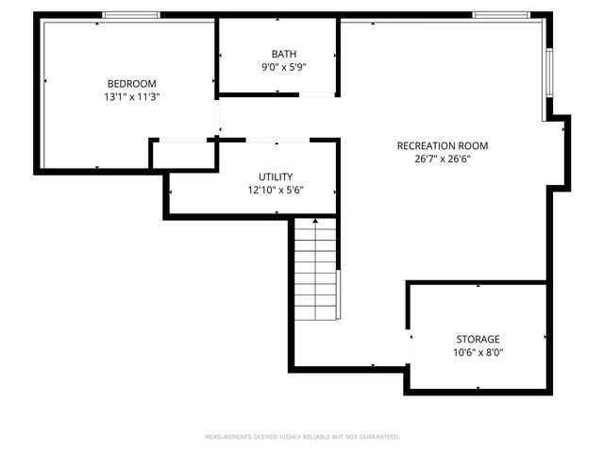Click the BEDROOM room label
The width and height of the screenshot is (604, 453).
[x=131, y=83]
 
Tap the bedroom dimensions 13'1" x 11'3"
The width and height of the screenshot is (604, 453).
[x=131, y=96]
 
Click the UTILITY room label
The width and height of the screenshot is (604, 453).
[x=276, y=176]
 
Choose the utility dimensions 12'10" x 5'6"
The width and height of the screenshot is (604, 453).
[x=276, y=190]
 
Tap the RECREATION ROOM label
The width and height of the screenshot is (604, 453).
[x=442, y=145]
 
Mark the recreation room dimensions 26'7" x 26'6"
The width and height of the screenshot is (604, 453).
[x=442, y=159]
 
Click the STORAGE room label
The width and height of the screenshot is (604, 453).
[x=478, y=339]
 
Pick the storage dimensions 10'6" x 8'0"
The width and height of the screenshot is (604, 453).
[x=478, y=352]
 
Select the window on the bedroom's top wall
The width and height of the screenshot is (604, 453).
[x=130, y=14]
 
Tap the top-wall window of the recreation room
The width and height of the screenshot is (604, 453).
[x=501, y=14]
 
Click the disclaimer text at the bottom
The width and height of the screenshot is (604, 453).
[x=302, y=437]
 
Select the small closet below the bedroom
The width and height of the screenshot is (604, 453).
[x=183, y=154]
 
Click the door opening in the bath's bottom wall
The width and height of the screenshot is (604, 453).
[x=318, y=93]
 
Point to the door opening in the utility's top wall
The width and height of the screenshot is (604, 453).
[x=277, y=141]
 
